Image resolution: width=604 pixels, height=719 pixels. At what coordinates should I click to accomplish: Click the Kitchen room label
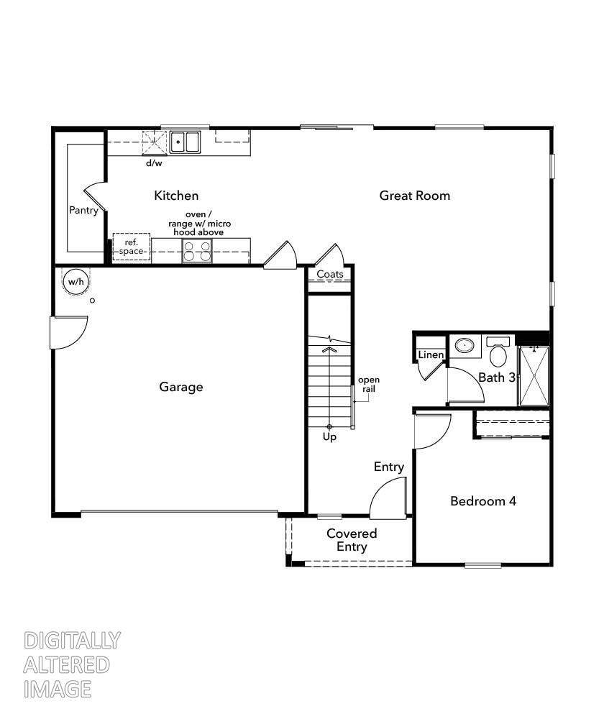(x=176, y=196)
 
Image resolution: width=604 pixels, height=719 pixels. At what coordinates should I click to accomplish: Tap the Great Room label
(x=414, y=196)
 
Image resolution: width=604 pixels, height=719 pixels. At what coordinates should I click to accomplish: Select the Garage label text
(x=180, y=387)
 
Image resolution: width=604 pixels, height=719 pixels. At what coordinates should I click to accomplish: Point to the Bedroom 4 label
(x=482, y=501)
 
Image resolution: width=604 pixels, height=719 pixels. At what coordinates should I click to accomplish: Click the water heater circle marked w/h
(x=75, y=282)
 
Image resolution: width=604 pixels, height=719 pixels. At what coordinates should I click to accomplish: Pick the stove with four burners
(x=197, y=251)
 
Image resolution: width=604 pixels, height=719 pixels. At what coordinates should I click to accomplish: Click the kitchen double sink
(x=186, y=142)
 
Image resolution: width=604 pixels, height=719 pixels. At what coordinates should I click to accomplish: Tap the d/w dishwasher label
(x=154, y=163)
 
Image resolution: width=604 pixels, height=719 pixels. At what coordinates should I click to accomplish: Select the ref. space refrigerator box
(x=131, y=247)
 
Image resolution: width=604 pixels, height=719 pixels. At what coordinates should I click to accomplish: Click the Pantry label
(x=83, y=211)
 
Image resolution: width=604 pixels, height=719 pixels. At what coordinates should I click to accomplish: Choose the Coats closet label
(x=330, y=275)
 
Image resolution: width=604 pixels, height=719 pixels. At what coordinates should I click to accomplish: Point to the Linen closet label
(x=431, y=355)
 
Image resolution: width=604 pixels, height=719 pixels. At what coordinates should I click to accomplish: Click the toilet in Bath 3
(x=498, y=353)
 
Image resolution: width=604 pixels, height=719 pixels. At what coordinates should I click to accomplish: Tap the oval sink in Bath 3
(x=466, y=347)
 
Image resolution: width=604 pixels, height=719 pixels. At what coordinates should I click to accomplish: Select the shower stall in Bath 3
(x=534, y=376)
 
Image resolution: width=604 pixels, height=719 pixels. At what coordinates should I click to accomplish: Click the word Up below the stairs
(x=329, y=436)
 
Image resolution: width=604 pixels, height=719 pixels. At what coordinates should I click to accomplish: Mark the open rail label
(x=369, y=384)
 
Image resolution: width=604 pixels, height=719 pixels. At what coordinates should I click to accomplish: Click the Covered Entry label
(x=352, y=540)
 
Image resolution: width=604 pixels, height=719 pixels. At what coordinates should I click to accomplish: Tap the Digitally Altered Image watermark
(x=71, y=664)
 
